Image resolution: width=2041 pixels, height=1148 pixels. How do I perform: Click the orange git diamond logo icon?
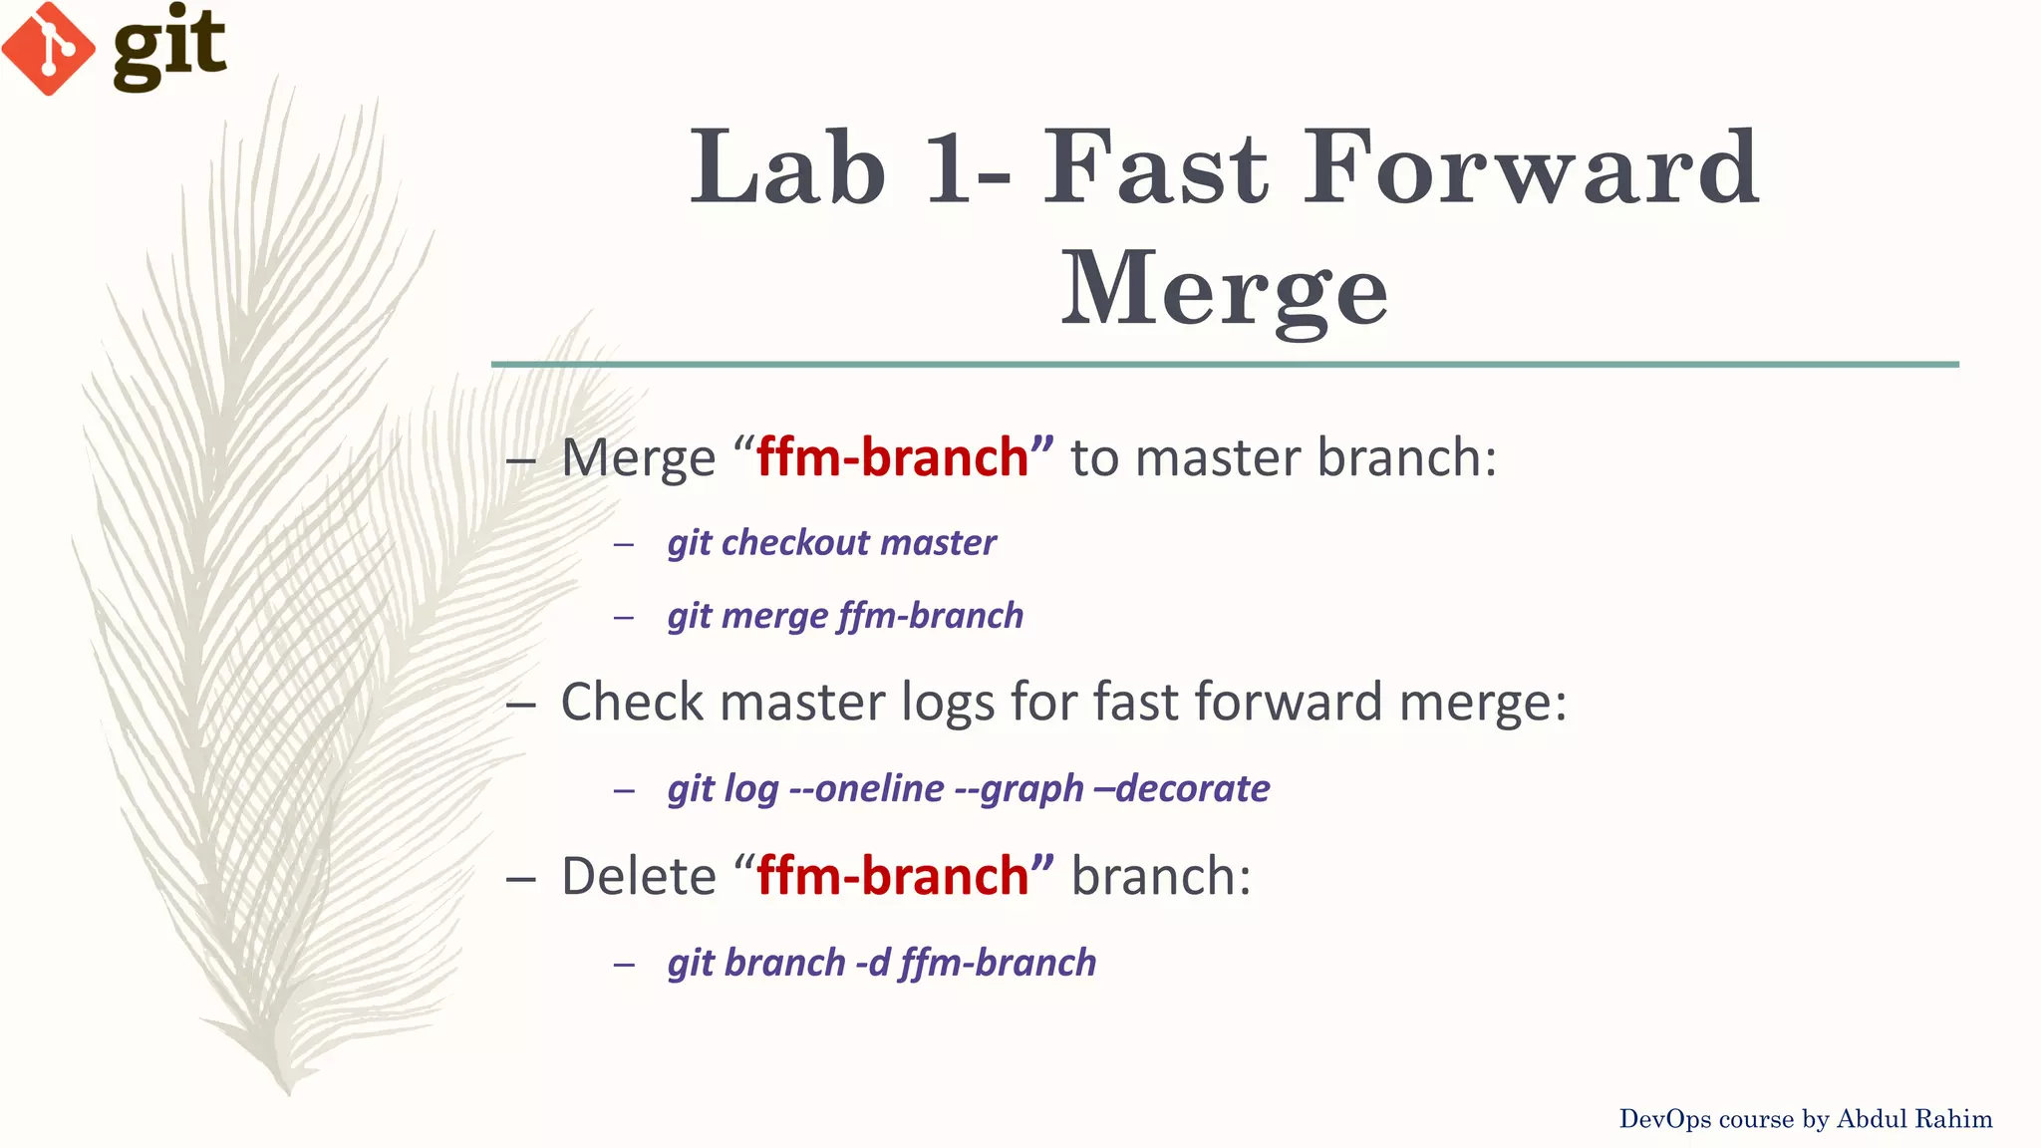coord(48,48)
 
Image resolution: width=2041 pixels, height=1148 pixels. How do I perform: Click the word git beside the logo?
coord(169,46)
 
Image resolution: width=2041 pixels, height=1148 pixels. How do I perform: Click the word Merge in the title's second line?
coord(1224,289)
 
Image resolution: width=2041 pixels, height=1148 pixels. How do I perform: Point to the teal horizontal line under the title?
coord(1224,365)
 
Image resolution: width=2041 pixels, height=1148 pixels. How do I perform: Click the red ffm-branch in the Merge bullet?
coord(892,457)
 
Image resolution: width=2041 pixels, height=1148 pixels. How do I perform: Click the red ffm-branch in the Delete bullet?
coord(892,876)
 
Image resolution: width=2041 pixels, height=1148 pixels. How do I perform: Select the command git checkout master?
coord(831,543)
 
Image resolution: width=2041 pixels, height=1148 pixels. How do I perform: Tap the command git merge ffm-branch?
coord(845,616)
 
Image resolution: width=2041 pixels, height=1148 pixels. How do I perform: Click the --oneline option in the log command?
coord(866,789)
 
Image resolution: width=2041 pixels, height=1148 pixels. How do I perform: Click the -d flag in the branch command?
coord(872,964)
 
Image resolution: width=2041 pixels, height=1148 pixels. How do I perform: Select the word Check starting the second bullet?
coord(632,702)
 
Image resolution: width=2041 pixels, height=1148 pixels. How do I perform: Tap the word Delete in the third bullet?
coord(638,876)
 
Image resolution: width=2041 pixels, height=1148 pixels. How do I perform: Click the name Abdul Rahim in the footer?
coord(1913,1119)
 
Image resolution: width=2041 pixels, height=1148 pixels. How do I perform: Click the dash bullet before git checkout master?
coord(624,544)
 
